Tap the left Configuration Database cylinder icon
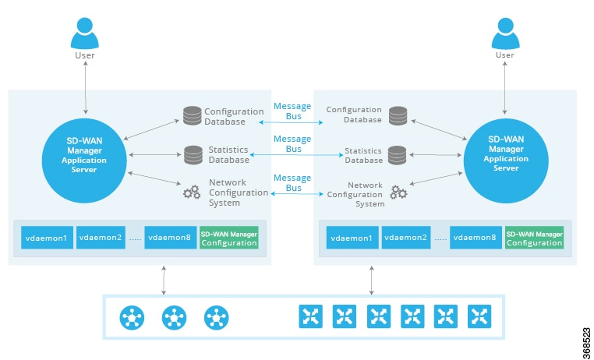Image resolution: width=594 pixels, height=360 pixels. pyautogui.click(x=192, y=116)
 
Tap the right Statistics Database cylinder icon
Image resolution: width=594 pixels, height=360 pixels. pyautogui.click(x=398, y=154)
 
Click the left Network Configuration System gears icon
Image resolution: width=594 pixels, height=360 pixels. pyautogui.click(x=192, y=192)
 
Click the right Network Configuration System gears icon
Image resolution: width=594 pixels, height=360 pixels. pyautogui.click(x=398, y=192)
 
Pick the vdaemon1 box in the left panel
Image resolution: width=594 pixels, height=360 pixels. pyautogui.click(x=47, y=238)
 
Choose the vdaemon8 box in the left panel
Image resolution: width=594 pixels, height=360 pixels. pyautogui.click(x=169, y=238)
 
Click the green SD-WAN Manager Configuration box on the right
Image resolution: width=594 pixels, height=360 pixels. pyautogui.click(x=534, y=238)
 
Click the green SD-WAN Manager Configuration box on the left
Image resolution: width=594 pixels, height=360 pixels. pyautogui.click(x=228, y=238)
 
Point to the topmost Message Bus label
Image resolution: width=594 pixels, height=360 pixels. pyautogui.click(x=292, y=111)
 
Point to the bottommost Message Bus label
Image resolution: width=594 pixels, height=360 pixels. pyautogui.click(x=292, y=183)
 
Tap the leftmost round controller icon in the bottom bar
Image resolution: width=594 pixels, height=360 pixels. pyautogui.click(x=133, y=317)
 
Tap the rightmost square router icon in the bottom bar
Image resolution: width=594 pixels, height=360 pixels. pyautogui.click(x=479, y=316)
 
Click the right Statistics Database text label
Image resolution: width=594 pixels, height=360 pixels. pyautogui.click(x=363, y=154)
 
